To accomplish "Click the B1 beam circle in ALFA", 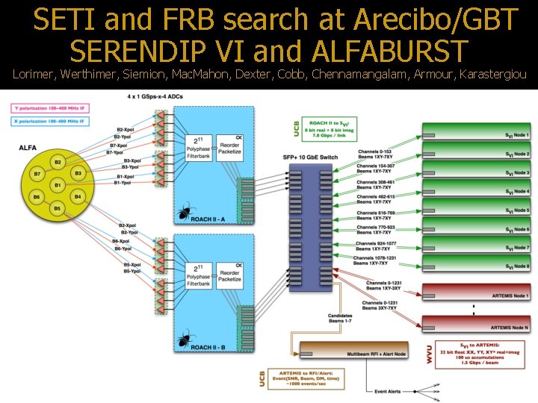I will [57, 184].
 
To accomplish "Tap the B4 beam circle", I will [78, 196].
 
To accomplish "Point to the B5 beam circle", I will [57, 208].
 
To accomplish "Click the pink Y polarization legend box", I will [49, 108].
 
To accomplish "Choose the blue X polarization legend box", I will [49, 119].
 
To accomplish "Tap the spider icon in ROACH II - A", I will [182, 215].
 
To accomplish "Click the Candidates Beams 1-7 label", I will [340, 318].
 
